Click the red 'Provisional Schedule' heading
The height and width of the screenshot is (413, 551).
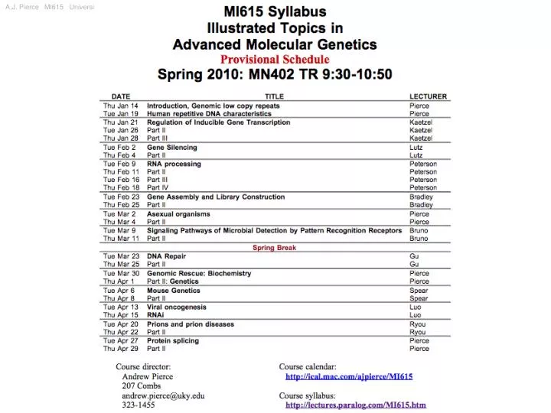(275, 60)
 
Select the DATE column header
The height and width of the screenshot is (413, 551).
(121, 96)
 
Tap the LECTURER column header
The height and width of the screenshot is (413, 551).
(428, 96)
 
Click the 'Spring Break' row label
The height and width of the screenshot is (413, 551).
(275, 248)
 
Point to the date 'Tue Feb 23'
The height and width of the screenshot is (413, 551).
(120, 197)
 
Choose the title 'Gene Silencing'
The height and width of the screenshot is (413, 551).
(172, 147)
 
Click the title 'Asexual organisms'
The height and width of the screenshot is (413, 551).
(178, 214)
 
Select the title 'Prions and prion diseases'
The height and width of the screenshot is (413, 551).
(191, 324)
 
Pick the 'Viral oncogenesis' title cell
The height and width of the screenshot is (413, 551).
(177, 307)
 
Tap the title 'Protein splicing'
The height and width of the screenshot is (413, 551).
(174, 340)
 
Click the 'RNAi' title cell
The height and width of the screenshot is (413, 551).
(155, 315)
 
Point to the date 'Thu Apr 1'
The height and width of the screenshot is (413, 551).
(119, 281)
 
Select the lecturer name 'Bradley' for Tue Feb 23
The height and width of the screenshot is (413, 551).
(421, 197)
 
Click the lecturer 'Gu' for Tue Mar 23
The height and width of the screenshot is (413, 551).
(414, 256)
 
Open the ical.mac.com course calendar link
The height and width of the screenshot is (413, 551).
(349, 376)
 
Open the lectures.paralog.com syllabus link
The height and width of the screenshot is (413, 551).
(355, 405)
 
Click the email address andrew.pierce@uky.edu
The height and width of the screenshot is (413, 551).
(163, 395)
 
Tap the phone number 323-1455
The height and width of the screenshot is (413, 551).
(139, 405)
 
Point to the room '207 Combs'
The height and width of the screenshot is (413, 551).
(142, 386)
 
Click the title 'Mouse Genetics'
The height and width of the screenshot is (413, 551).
(174, 291)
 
